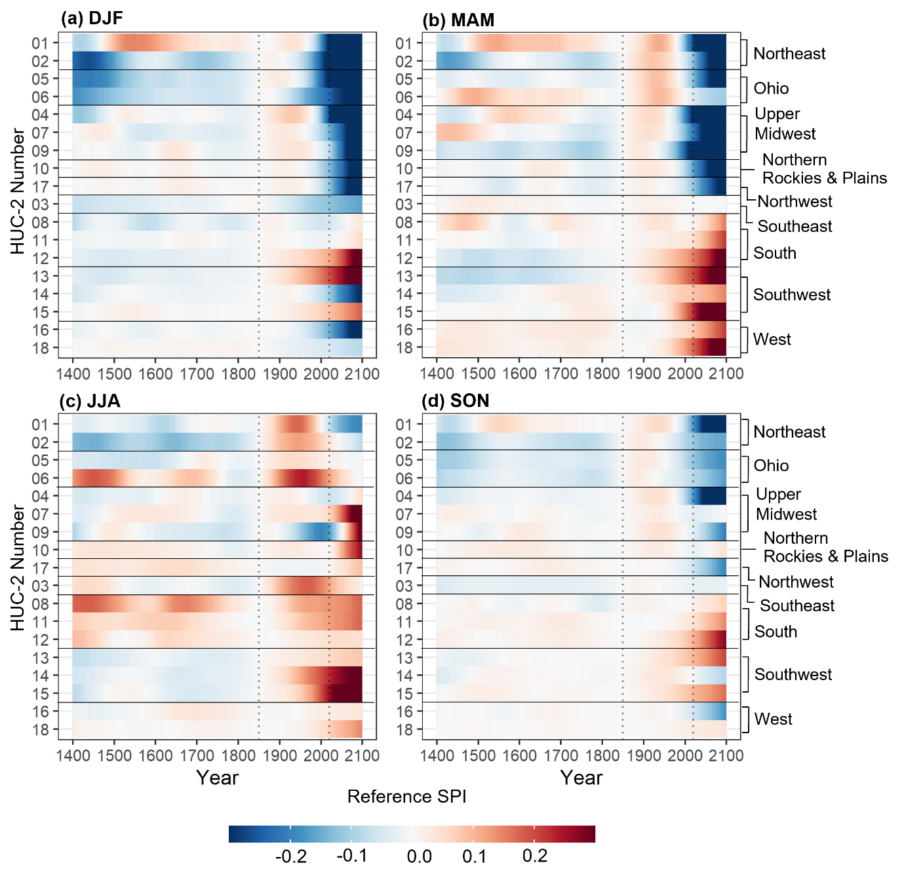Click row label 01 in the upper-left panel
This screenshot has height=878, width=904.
[40, 44]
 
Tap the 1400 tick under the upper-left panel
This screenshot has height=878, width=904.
[73, 374]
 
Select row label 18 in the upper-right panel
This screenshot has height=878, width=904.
[404, 348]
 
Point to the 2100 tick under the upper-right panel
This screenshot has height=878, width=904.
[726, 373]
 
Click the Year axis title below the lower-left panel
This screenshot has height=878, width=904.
[217, 778]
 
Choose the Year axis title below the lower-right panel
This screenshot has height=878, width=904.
[581, 778]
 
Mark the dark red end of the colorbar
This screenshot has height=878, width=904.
[588, 834]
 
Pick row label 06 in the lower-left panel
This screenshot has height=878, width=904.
[40, 479]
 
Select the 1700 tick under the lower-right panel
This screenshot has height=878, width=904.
[560, 755]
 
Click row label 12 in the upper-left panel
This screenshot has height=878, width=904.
[40, 259]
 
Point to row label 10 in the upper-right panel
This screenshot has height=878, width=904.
[404, 169]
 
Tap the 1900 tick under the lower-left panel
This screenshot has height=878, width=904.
[279, 755]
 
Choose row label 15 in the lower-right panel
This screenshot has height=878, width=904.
[404, 694]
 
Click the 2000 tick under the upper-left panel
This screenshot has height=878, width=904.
[321, 374]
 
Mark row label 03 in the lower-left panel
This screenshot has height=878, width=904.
[40, 586]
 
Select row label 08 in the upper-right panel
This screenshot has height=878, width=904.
[404, 223]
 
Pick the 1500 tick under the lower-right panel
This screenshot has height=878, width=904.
[478, 755]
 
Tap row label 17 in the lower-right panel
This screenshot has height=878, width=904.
[404, 569]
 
